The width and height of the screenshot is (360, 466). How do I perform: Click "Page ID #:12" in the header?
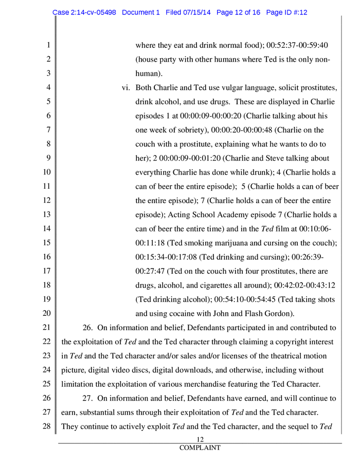[285, 12]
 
